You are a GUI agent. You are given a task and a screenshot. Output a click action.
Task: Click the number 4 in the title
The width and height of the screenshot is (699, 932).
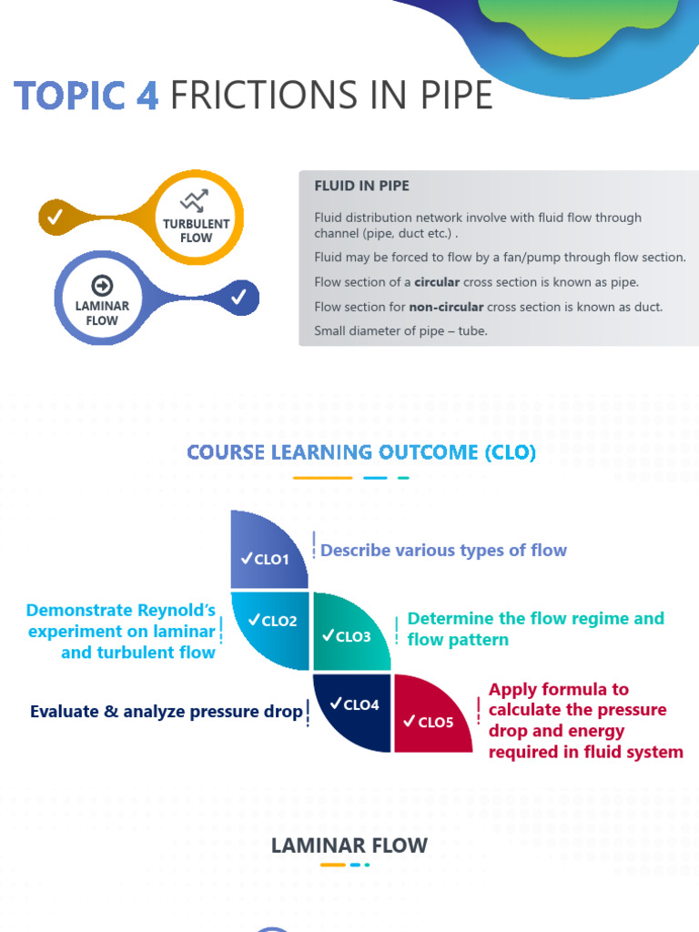(x=147, y=96)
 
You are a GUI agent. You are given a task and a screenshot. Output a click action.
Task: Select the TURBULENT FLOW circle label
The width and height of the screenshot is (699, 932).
(x=196, y=230)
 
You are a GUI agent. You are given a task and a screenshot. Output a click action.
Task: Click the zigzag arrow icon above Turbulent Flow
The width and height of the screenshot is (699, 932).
(x=194, y=201)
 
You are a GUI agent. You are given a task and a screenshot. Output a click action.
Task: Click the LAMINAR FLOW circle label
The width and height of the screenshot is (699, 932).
(x=102, y=313)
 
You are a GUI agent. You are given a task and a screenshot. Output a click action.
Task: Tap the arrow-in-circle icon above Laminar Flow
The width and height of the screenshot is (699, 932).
(x=102, y=284)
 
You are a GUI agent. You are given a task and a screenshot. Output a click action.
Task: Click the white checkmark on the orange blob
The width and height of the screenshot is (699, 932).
(x=55, y=217)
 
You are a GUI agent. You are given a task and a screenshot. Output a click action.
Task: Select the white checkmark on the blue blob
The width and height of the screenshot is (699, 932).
(x=238, y=297)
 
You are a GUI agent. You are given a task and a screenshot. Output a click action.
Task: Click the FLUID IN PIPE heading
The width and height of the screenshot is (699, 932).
(x=361, y=186)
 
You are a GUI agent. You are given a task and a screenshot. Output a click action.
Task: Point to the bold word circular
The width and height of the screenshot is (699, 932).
(x=437, y=282)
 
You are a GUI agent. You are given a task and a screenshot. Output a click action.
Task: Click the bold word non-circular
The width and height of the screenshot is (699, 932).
(x=446, y=307)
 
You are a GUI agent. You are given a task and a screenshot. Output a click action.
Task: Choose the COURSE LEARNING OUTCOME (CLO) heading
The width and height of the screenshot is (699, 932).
(x=361, y=452)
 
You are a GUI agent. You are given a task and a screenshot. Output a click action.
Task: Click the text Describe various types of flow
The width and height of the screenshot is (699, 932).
(x=443, y=551)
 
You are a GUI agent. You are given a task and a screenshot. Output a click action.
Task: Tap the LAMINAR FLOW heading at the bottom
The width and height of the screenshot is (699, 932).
(x=349, y=846)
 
